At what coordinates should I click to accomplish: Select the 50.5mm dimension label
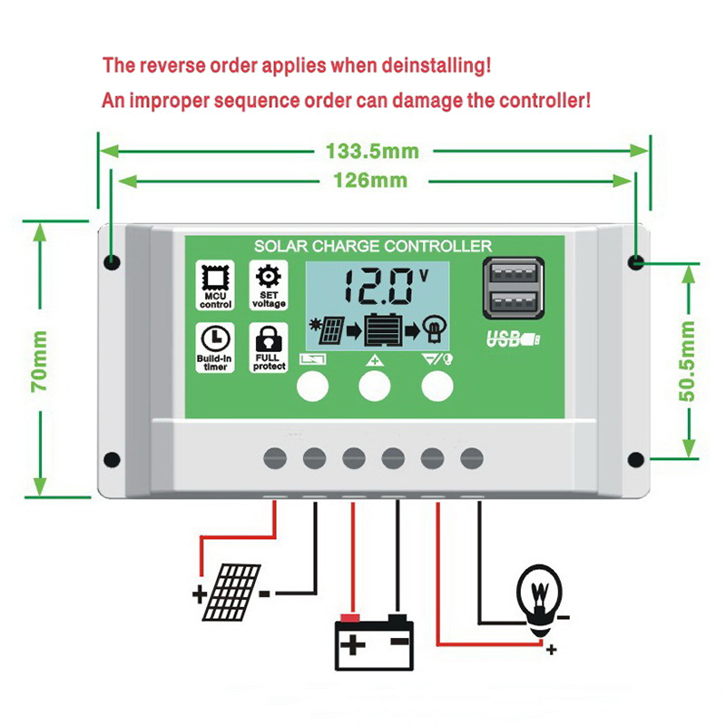click(x=687, y=360)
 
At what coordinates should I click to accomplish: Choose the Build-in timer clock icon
click(x=216, y=338)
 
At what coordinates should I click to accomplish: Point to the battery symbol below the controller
click(x=374, y=642)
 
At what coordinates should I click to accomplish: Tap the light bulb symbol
click(x=542, y=596)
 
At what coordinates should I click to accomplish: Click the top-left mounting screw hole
click(x=113, y=263)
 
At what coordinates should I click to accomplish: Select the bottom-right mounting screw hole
click(x=635, y=459)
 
